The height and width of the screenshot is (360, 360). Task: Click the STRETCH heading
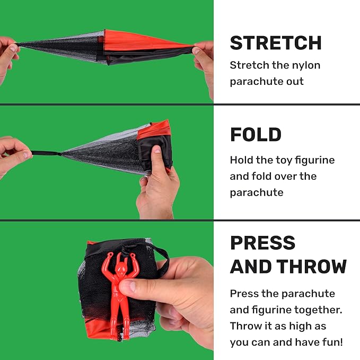click(x=276, y=43)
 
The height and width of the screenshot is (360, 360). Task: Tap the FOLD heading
click(x=256, y=135)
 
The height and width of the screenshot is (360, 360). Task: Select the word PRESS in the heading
click(x=262, y=243)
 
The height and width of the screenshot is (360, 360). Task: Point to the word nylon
click(x=306, y=66)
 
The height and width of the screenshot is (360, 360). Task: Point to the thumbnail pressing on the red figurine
click(x=129, y=286)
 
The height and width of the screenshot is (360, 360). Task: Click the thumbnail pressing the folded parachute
click(x=157, y=150)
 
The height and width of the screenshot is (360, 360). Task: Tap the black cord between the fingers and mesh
click(x=46, y=153)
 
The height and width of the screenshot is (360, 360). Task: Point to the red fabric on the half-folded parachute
click(x=153, y=130)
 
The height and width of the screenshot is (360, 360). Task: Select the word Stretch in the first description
click(x=249, y=65)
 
